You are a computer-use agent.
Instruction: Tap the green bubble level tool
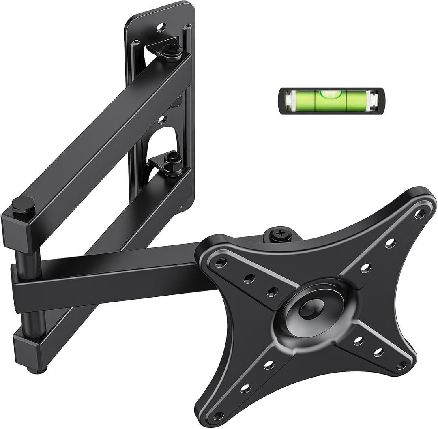click(331, 100)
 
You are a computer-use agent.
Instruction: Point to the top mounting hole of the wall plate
click(161, 28)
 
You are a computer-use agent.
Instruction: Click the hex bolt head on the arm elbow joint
click(23, 203)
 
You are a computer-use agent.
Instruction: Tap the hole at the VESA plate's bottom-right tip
click(401, 365)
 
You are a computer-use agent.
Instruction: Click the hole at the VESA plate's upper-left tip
click(221, 263)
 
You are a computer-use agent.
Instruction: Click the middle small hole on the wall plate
click(162, 120)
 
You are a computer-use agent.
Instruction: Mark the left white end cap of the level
click(289, 100)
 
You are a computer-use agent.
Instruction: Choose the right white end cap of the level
click(373, 100)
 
